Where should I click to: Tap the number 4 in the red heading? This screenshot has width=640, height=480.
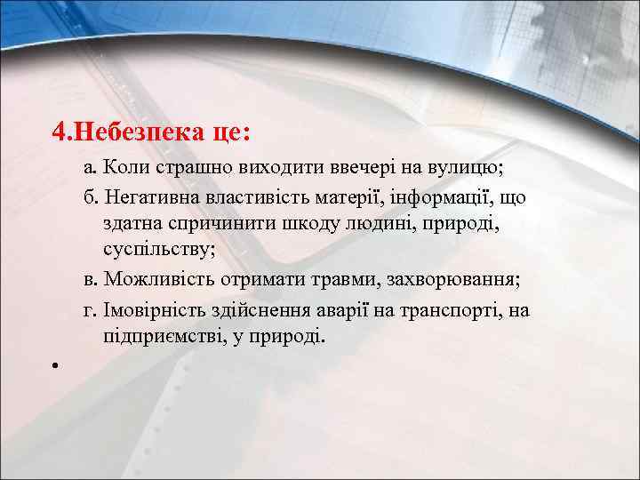(58, 132)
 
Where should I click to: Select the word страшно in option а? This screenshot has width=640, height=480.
(188, 166)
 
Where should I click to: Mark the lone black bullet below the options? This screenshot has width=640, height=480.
(55, 365)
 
